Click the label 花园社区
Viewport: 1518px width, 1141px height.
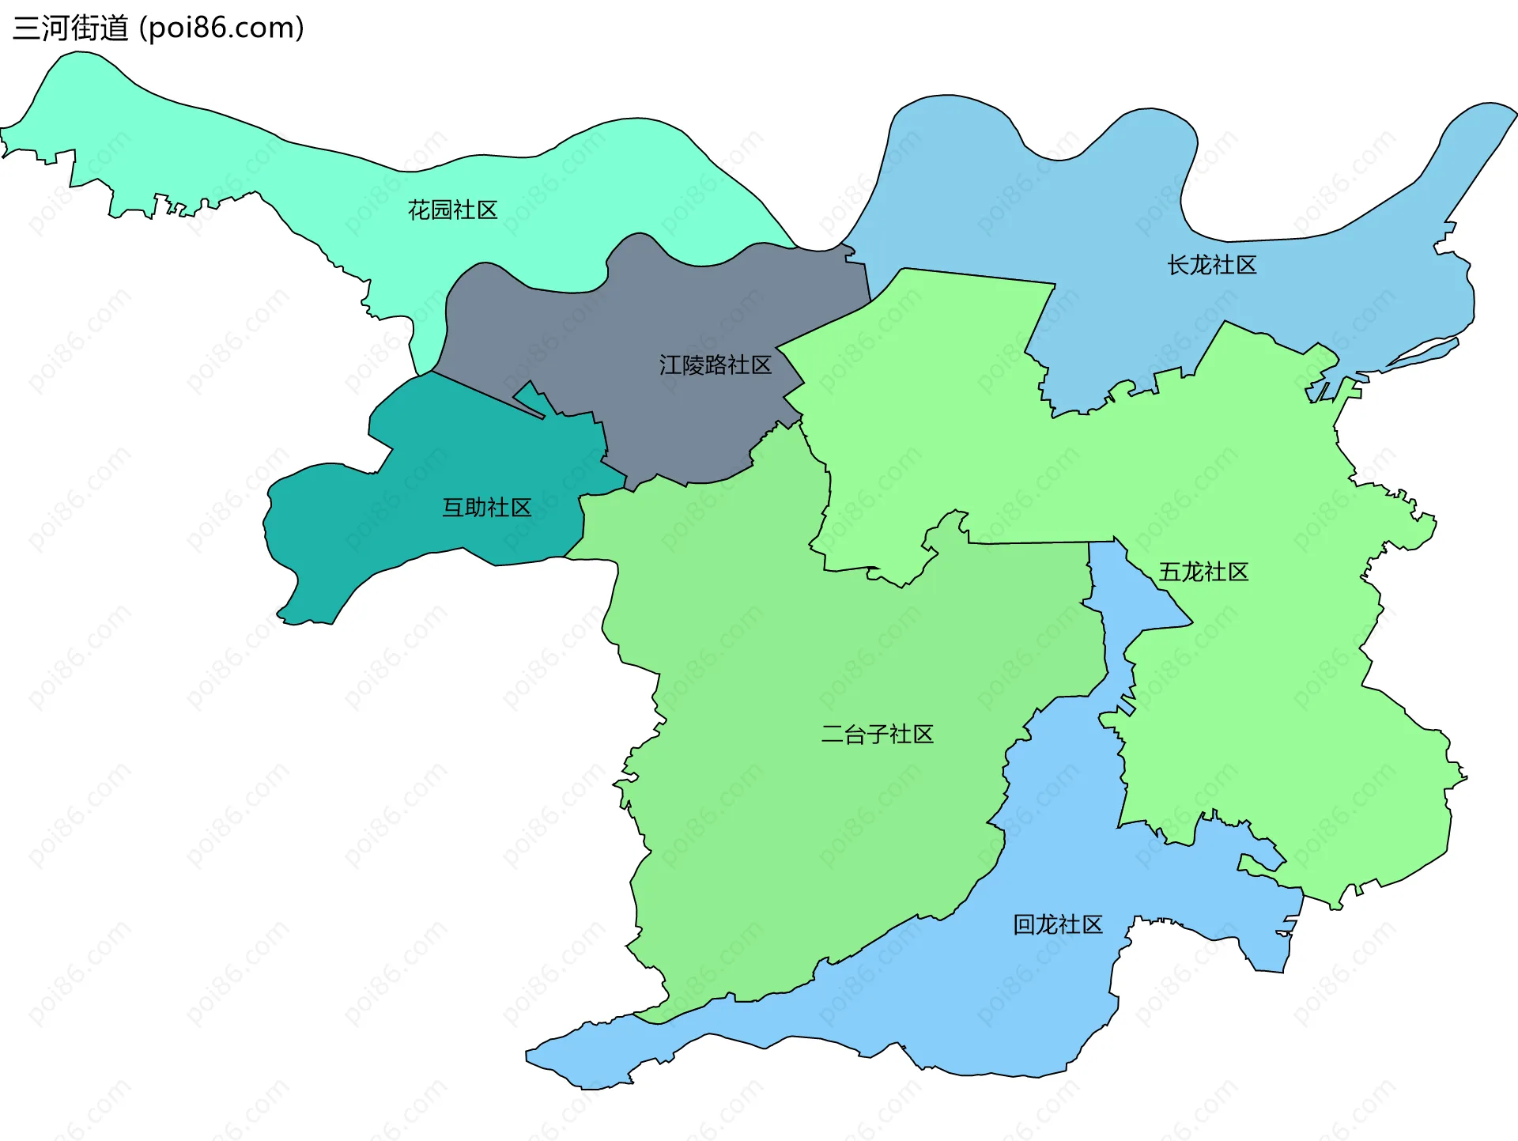[452, 210]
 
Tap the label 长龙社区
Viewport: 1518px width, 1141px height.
[1211, 265]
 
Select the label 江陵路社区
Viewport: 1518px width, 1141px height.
[715, 365]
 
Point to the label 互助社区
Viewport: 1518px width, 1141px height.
[486, 507]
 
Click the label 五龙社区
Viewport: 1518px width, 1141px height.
[1203, 572]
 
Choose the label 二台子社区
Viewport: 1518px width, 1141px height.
[877, 734]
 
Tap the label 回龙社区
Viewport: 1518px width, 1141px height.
[1057, 924]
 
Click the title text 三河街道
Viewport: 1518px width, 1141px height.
[70, 28]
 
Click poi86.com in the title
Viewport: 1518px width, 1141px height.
[221, 28]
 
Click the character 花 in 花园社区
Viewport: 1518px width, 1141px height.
[418, 210]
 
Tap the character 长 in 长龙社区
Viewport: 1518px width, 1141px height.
[1178, 265]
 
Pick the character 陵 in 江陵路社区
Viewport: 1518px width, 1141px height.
[693, 365]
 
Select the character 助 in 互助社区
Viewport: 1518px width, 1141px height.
[475, 507]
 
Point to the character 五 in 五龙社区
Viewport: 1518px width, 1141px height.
[1169, 572]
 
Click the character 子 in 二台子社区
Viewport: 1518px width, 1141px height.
[877, 734]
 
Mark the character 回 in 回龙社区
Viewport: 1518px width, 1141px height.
[1024, 924]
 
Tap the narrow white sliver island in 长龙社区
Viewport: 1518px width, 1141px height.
[1423, 353]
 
